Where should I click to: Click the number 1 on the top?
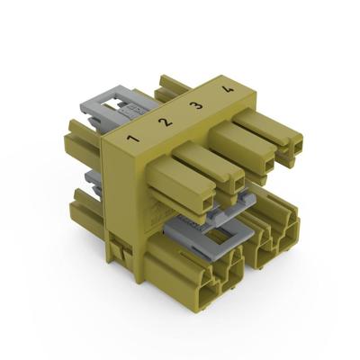coord(132,139)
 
